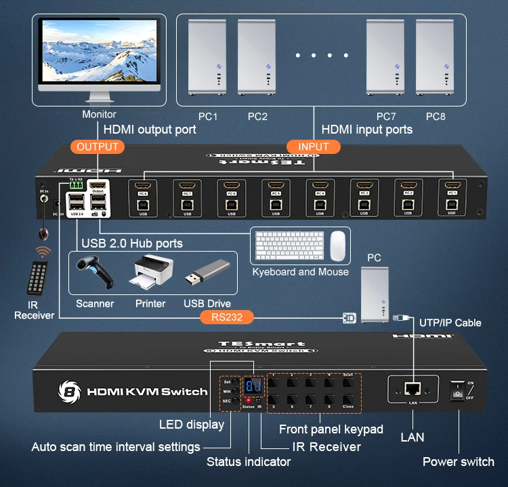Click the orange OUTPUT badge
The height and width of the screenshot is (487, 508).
pos(98,147)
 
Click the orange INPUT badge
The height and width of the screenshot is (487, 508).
pos(313,147)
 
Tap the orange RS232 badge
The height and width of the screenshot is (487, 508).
pos(227,316)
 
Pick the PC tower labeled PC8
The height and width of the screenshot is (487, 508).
pos(435,60)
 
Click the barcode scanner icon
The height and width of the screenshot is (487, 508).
pos(93,273)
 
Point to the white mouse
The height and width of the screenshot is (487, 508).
pos(337,246)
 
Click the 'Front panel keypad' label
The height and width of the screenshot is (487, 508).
pos(331,429)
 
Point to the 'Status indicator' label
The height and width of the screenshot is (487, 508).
pos(249,462)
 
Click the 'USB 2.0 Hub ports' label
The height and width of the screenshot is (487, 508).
pos(132,243)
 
